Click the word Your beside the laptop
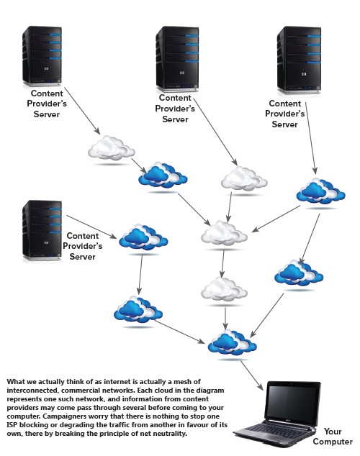click(x=333, y=432)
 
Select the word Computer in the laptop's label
click(x=333, y=442)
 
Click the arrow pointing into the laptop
click(x=252, y=375)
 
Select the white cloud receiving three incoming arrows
click(x=224, y=233)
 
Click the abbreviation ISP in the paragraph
click(x=12, y=425)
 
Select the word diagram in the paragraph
click(x=211, y=391)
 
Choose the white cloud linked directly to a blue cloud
click(x=112, y=147)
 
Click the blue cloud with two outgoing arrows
click(x=320, y=191)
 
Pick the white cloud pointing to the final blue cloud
click(x=224, y=290)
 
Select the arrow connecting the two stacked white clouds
click(x=222, y=264)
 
